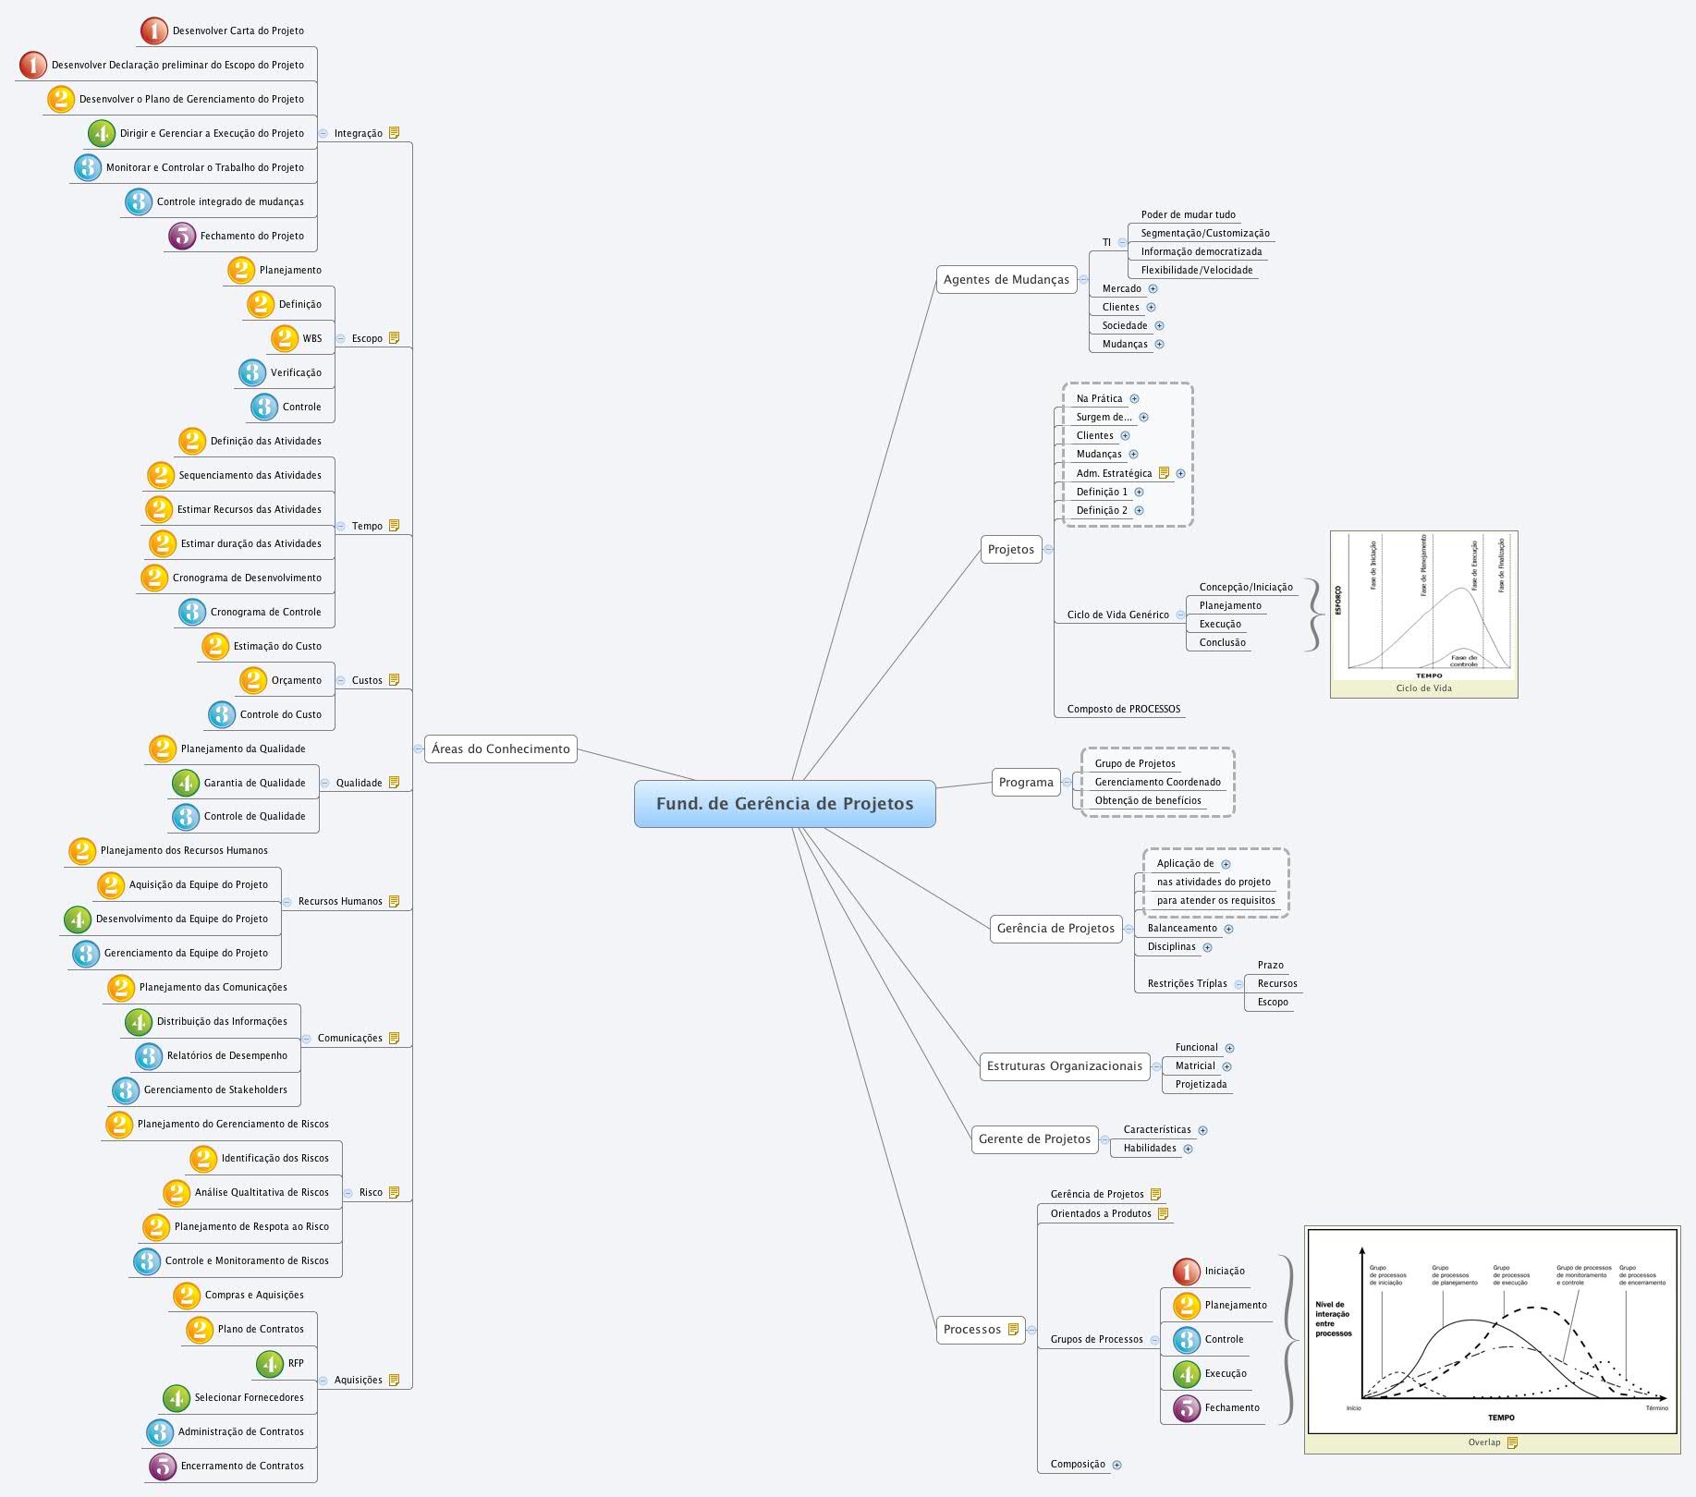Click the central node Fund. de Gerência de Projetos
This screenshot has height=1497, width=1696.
pos(784,803)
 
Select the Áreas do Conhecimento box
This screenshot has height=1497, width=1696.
pos(500,748)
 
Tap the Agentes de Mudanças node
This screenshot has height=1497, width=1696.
pos(1006,279)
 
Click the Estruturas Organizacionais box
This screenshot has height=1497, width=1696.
pos(1064,1065)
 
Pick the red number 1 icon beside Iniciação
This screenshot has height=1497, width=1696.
pos(1186,1272)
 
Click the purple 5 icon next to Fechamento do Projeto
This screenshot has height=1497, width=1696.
pos(182,236)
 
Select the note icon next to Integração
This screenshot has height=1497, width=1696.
pos(394,133)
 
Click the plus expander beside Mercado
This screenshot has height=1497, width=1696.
pos(1153,288)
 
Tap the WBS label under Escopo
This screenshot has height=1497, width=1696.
pos(311,338)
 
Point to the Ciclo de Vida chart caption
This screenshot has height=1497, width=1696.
pos(1423,688)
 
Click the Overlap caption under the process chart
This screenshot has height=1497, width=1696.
pos(1484,1442)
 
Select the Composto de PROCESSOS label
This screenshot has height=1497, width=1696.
pos(1123,709)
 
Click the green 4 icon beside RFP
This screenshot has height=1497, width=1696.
pos(269,1363)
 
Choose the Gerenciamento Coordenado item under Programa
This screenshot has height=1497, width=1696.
pos(1157,782)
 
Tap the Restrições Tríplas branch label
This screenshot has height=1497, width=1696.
pos(1187,983)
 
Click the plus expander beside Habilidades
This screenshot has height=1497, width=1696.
pos(1188,1149)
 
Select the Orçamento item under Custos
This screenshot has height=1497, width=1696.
pos(296,680)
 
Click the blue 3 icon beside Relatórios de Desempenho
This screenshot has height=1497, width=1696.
pos(148,1055)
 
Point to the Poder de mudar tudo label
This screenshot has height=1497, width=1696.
pos(1188,214)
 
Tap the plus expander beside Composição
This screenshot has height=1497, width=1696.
pos(1116,1465)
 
